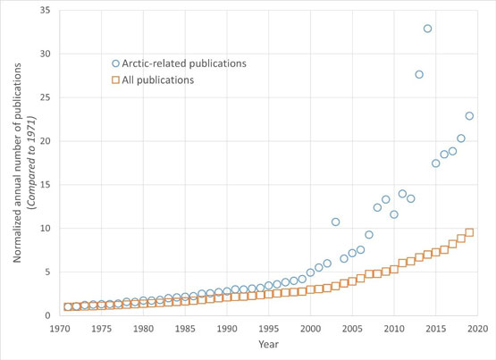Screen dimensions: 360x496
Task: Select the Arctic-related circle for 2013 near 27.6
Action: point(419,74)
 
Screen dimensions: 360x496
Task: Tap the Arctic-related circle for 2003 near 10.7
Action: point(335,222)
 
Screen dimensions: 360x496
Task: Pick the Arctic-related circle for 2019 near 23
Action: point(469,116)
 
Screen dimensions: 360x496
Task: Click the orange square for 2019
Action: point(469,233)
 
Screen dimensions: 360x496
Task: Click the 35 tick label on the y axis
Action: point(44,11)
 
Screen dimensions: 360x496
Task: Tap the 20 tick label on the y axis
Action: point(44,141)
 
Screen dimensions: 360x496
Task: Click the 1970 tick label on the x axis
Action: point(60,329)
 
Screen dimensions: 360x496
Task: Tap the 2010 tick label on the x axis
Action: point(393,329)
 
